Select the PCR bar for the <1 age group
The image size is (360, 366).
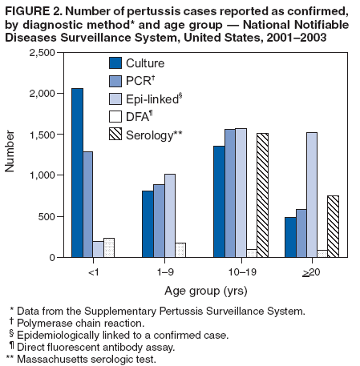[88, 204]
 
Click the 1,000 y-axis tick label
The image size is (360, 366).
[44, 175]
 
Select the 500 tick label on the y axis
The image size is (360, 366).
[49, 217]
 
